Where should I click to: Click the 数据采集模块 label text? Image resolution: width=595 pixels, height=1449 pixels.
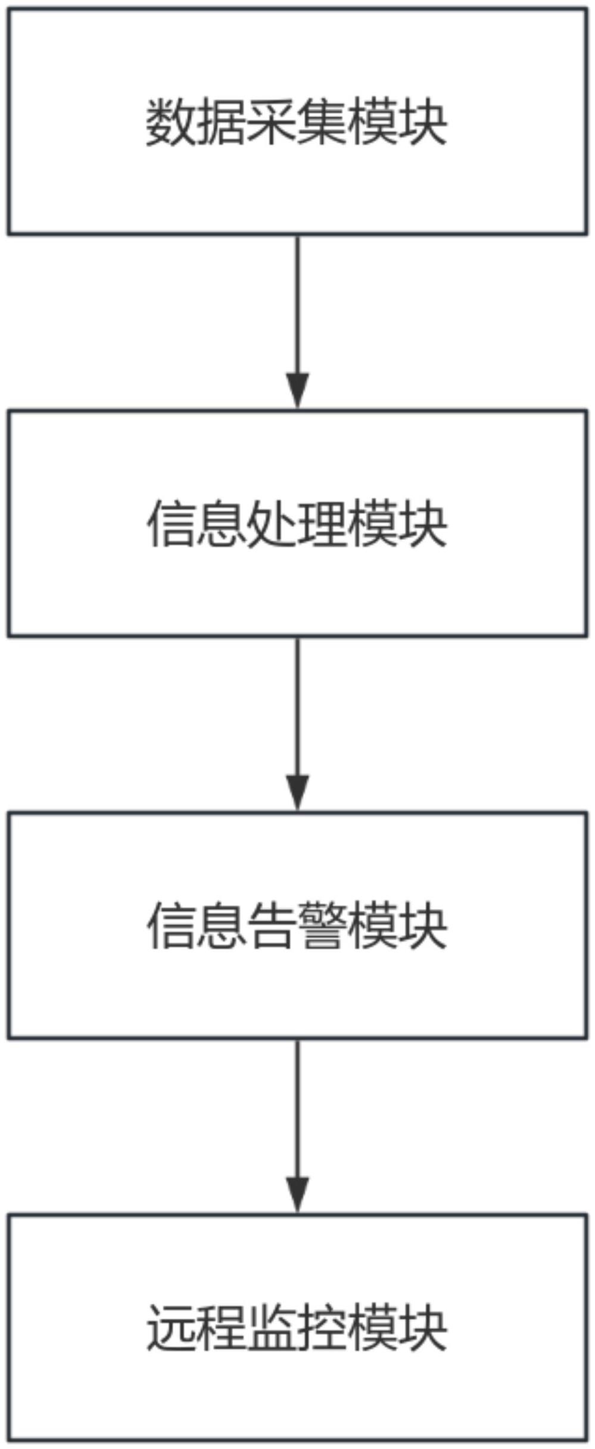pyautogui.click(x=297, y=123)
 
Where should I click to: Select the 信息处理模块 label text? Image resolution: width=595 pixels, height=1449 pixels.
pyautogui.click(x=297, y=524)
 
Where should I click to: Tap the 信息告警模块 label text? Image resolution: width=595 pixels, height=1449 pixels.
pyautogui.click(x=297, y=926)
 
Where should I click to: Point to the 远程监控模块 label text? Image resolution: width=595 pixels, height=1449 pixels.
pyautogui.click(x=297, y=1328)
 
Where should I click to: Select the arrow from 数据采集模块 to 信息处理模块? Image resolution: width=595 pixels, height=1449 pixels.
pyautogui.click(x=298, y=322)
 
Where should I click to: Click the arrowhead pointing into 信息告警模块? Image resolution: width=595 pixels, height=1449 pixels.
pyautogui.click(x=298, y=792)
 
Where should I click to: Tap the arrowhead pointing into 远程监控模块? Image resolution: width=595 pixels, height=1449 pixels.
pyautogui.click(x=298, y=1194)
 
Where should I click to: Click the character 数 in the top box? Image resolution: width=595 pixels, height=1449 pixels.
pyautogui.click(x=171, y=123)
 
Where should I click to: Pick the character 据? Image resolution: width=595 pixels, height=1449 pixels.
pyautogui.click(x=222, y=123)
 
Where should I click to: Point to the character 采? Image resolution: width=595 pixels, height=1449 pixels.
pyautogui.click(x=272, y=123)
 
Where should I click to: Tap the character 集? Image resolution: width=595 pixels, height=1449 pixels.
pyautogui.click(x=322, y=123)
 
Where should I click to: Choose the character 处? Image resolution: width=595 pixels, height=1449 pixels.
pyautogui.click(x=272, y=524)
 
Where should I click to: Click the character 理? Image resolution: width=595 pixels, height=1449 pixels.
pyautogui.click(x=322, y=524)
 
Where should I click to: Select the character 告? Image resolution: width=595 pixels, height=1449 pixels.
pyautogui.click(x=272, y=926)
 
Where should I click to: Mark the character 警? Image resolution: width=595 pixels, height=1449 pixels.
pyautogui.click(x=322, y=926)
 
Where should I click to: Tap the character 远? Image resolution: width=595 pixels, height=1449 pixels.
pyautogui.click(x=171, y=1328)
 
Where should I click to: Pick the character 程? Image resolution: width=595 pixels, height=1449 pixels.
pyautogui.click(x=222, y=1328)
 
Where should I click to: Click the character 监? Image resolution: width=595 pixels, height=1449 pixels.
pyautogui.click(x=272, y=1328)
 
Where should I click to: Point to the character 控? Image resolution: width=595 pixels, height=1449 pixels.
pyautogui.click(x=322, y=1328)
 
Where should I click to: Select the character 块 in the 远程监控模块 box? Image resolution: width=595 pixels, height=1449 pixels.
pyautogui.click(x=423, y=1328)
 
